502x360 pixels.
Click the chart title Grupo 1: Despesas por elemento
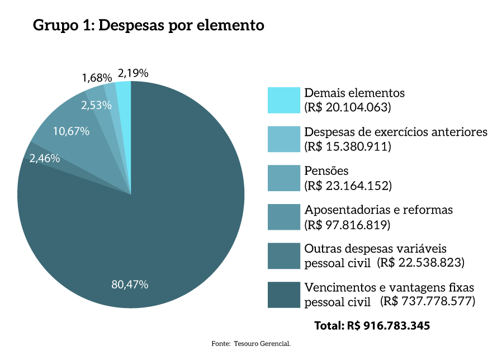148,26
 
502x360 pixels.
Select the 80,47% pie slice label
130,285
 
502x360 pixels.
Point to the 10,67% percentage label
71,131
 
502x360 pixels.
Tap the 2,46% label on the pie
45,158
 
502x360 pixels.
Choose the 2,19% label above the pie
132,73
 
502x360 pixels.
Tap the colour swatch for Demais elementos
284,100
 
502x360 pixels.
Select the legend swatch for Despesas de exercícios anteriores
284,139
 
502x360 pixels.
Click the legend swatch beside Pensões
284,178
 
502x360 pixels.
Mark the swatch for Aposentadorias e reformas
284,217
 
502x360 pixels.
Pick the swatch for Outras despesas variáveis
284,255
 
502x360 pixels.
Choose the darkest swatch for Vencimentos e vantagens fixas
284,295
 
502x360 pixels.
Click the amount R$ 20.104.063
347,107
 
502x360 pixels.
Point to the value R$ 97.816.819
347,224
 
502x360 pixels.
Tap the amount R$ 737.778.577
428,301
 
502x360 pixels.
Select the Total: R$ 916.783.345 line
372,325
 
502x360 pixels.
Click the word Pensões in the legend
326,170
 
